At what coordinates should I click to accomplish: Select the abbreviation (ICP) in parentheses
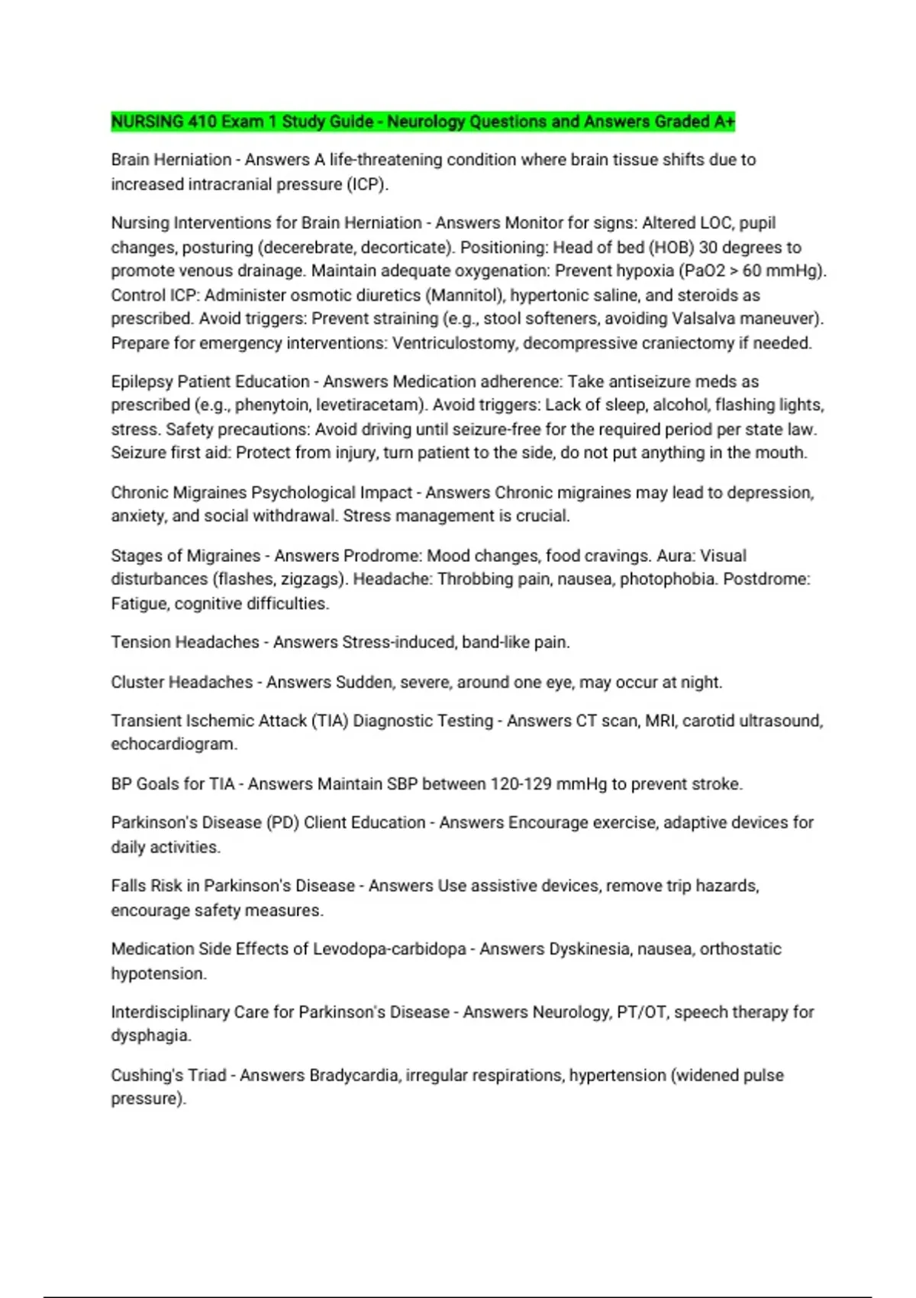point(367,184)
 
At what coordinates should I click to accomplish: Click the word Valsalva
point(705,318)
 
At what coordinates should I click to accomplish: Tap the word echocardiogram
point(173,744)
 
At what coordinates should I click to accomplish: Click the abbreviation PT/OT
point(640,1012)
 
